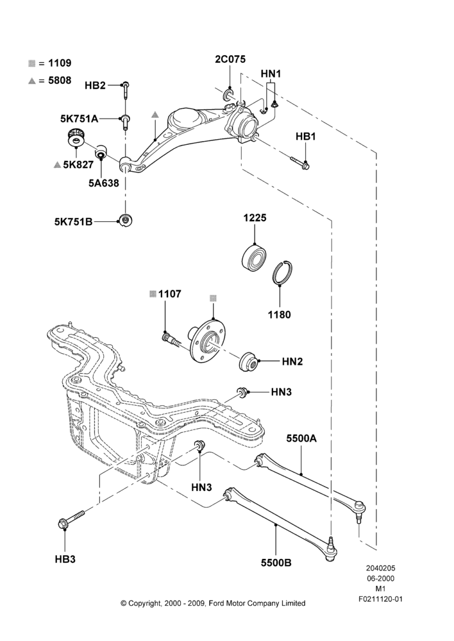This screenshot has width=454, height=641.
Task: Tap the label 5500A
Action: [x=301, y=438]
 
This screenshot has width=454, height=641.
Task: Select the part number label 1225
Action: [x=255, y=218]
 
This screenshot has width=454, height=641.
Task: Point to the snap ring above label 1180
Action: [x=283, y=272]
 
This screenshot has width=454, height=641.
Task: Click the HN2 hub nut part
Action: [x=248, y=361]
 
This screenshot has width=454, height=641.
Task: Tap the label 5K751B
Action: [x=73, y=222]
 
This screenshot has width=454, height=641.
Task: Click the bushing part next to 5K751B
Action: [x=125, y=221]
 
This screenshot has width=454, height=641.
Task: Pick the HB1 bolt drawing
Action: [x=299, y=162]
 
